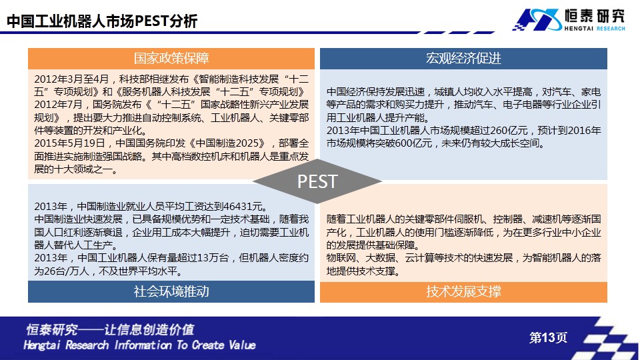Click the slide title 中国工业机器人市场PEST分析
102,21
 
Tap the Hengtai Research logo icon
537,19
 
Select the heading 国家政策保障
171,59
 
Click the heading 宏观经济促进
463,59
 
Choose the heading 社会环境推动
171,291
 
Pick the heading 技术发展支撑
464,291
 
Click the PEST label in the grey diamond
317,181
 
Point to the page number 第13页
548,337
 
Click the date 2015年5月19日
70,144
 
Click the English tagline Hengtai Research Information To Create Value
139,345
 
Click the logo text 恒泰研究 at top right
595,16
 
